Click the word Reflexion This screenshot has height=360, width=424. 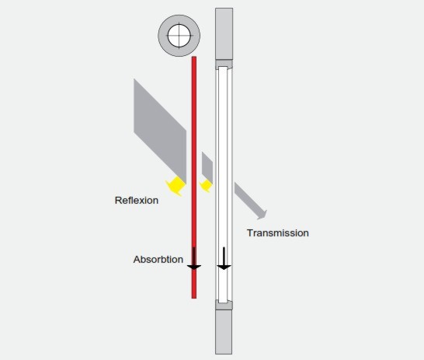(x=137, y=201)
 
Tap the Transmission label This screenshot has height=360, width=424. (x=278, y=233)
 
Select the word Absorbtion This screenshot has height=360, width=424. (x=158, y=259)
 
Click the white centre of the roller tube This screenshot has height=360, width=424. (x=179, y=36)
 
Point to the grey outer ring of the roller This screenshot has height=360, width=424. (x=162, y=36)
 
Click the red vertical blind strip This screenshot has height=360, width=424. (x=194, y=177)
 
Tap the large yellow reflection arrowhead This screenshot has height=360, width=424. (x=176, y=186)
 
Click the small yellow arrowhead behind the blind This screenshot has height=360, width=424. (x=206, y=186)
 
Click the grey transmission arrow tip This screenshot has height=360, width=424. (x=262, y=215)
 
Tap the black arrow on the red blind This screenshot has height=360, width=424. (x=194, y=258)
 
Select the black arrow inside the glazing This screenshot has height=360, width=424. (x=224, y=258)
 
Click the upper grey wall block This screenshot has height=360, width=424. (x=224, y=34)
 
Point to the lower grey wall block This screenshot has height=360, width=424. (x=224, y=332)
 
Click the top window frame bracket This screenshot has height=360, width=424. (x=224, y=64)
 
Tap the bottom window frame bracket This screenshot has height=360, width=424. (x=224, y=305)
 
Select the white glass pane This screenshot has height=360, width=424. (x=223, y=185)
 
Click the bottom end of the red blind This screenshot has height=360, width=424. (x=194, y=299)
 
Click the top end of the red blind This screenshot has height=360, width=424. (x=194, y=57)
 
